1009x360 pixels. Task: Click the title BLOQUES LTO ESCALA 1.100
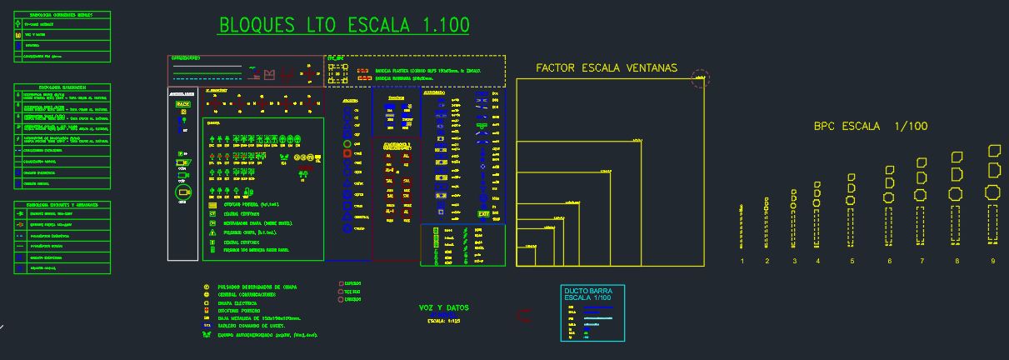[x=343, y=26]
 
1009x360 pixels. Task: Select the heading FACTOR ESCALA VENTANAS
[x=607, y=68]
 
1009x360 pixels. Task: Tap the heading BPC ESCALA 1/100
[x=870, y=127]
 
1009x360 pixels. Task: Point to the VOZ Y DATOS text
[x=443, y=307]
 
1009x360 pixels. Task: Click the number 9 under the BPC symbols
[x=992, y=262]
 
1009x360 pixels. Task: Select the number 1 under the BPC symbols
[x=742, y=262]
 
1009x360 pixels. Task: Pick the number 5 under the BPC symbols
[x=852, y=262]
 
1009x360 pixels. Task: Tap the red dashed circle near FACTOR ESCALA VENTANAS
[x=701, y=79]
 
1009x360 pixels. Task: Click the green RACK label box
[x=182, y=104]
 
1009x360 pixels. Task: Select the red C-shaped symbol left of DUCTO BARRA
[x=524, y=315]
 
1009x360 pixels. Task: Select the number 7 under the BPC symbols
[x=922, y=262]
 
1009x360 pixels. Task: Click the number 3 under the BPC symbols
[x=794, y=262]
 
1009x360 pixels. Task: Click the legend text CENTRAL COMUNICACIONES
[x=252, y=295]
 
